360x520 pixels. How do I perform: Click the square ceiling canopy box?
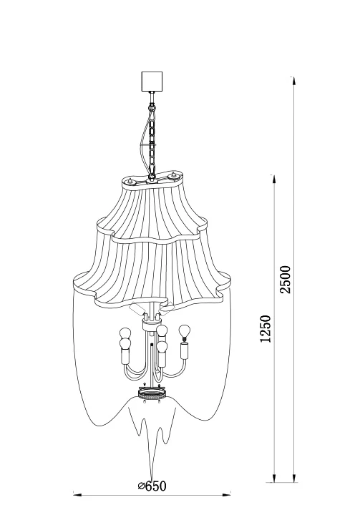[152, 82]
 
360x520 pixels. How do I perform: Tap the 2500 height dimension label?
[285, 279]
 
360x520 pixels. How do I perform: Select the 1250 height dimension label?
[266, 328]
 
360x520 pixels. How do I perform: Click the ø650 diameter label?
[152, 486]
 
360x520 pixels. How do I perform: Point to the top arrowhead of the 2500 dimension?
[293, 82]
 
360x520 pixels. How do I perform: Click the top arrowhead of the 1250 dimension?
[273, 179]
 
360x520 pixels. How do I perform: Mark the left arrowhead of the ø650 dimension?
[77, 495]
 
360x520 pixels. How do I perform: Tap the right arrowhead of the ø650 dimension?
[227, 495]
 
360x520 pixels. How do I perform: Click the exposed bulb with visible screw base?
[184, 333]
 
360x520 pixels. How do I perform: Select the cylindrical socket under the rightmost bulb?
[184, 351]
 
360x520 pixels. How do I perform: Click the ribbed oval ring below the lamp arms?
[152, 394]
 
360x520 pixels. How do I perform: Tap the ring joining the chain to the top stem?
[151, 108]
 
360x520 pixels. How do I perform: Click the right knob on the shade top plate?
[172, 176]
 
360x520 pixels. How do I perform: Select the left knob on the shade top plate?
[130, 182]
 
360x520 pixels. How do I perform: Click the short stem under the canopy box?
[152, 98]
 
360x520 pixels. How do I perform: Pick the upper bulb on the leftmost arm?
[126, 333]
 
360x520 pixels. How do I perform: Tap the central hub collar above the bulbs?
[151, 324]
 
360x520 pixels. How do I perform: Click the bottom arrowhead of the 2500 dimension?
[293, 478]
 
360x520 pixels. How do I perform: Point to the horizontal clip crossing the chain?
[148, 144]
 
